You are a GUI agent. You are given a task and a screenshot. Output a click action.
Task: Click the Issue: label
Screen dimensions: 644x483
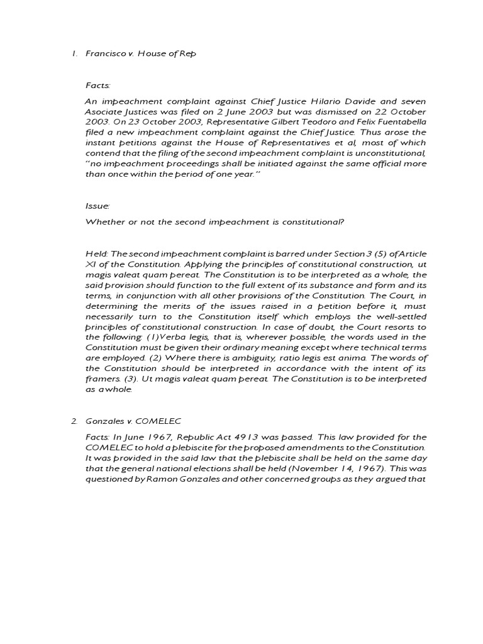(96, 206)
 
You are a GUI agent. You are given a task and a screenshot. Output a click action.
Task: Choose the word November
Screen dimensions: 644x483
(277, 467)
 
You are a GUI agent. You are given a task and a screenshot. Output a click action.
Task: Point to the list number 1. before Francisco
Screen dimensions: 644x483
(74, 54)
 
